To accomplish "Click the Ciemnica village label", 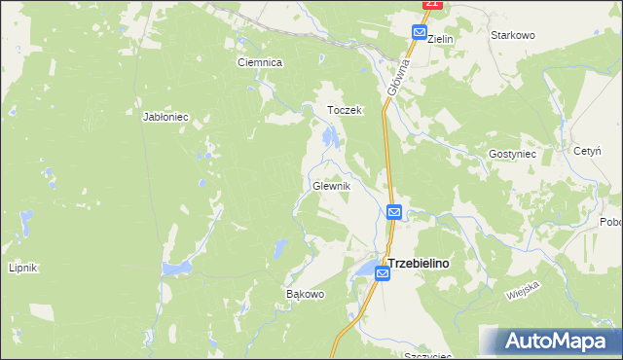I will (x=260, y=62).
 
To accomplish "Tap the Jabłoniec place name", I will (x=165, y=117).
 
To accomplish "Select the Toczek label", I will (x=345, y=111).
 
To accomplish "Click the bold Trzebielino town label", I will (x=424, y=263).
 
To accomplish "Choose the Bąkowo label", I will (x=304, y=294).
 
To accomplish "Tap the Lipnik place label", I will (x=21, y=268).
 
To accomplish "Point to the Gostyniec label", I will (x=512, y=155).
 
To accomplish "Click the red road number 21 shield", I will (x=434, y=5).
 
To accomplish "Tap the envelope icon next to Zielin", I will (x=418, y=32).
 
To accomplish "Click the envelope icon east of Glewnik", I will (x=394, y=212).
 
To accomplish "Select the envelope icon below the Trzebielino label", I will (x=383, y=275).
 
